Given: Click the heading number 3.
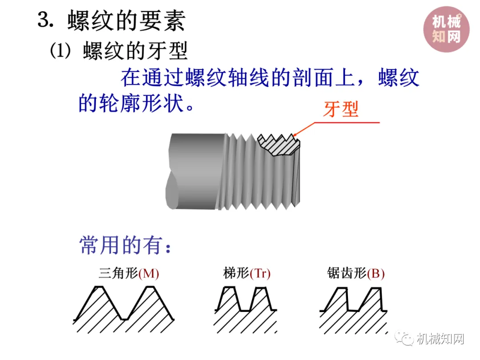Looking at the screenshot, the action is pos(44,20).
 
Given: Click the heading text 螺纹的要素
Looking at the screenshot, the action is pos(126,20).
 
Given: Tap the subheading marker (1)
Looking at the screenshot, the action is pos(60,51).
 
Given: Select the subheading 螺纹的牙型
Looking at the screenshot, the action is pos(135,52).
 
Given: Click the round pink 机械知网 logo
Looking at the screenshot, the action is pos(446,29).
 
